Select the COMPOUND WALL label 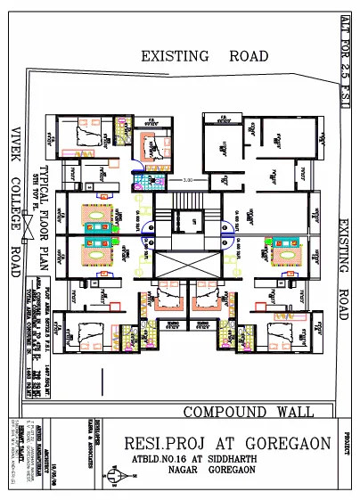pos(248,412)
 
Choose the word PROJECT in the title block pos(348,447)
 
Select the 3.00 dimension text pos(188,182)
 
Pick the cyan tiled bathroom pos(141,183)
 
